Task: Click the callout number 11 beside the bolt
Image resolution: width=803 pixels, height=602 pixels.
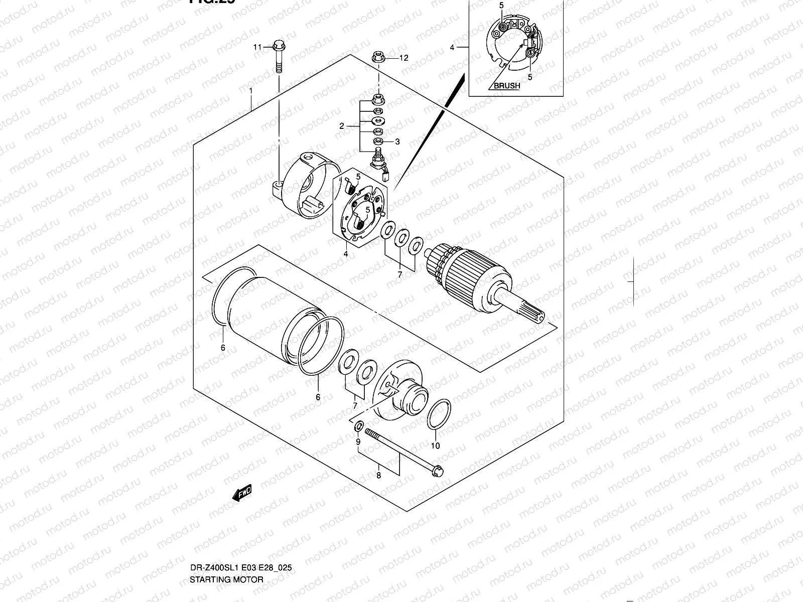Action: tap(257, 47)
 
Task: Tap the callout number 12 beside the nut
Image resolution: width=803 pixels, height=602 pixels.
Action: tap(404, 58)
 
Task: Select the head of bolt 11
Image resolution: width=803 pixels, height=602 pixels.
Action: tap(278, 47)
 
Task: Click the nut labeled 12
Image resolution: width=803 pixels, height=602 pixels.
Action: tap(379, 57)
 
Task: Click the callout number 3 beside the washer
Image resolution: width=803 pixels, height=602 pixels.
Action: tap(397, 142)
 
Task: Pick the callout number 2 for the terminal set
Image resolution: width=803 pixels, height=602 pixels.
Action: tap(341, 126)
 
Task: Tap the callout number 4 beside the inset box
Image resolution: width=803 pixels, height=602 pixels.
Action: tap(452, 48)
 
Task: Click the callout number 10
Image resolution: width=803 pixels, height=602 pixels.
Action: tap(435, 445)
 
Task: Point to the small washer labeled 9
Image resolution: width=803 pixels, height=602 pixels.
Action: tap(359, 427)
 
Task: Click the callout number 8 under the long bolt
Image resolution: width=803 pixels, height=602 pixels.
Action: tap(378, 475)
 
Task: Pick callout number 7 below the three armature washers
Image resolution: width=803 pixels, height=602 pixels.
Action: tap(400, 274)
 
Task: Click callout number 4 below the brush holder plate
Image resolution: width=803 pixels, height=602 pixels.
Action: tap(346, 254)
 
